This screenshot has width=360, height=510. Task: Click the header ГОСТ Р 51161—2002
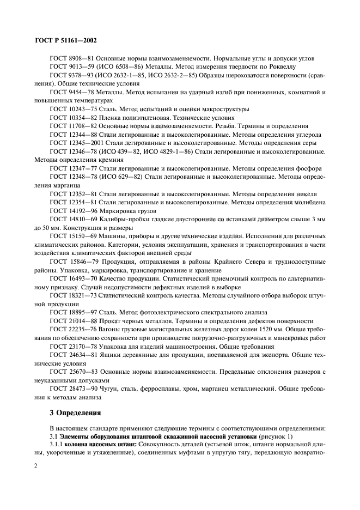coord(65,40)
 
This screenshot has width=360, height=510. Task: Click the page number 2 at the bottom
coord(35,467)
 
